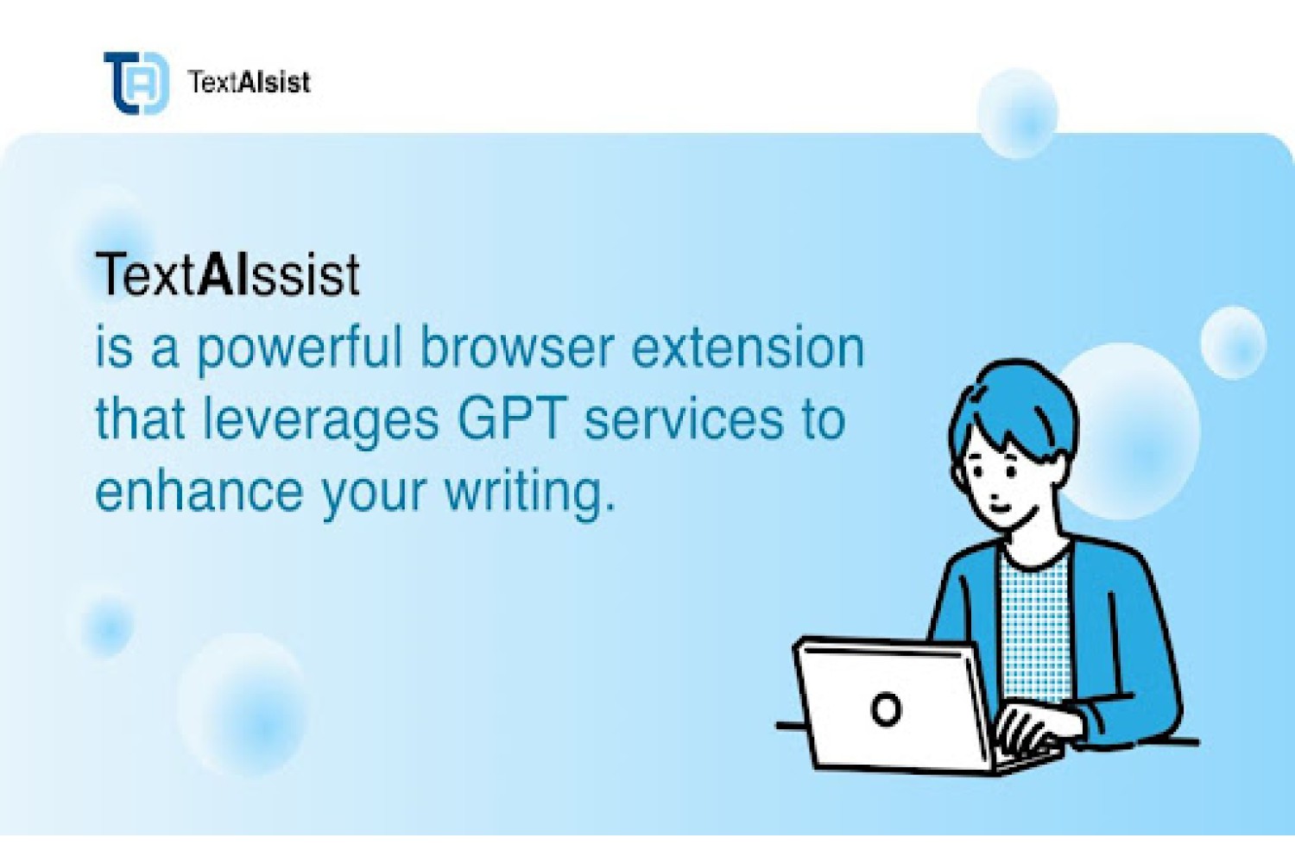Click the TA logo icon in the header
pyautogui.click(x=136, y=83)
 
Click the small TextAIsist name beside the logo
pyautogui.click(x=250, y=82)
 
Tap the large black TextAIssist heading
pyautogui.click(x=228, y=274)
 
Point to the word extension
pyautogui.click(x=747, y=349)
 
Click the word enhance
pyautogui.click(x=199, y=490)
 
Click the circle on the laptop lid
pyautogui.click(x=885, y=709)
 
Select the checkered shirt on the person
pyautogui.click(x=1036, y=631)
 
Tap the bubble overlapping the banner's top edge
pyautogui.click(x=1018, y=113)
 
